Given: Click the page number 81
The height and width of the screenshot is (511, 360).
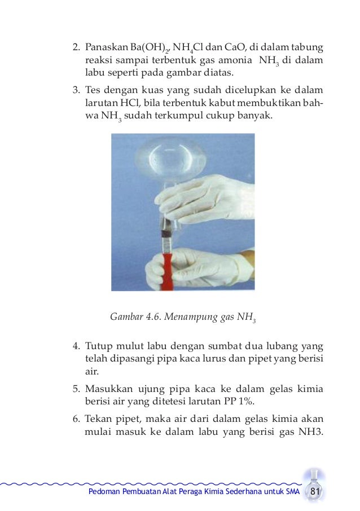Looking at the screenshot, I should (x=315, y=494).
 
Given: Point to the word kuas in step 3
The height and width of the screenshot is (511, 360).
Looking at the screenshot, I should (x=145, y=89).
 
